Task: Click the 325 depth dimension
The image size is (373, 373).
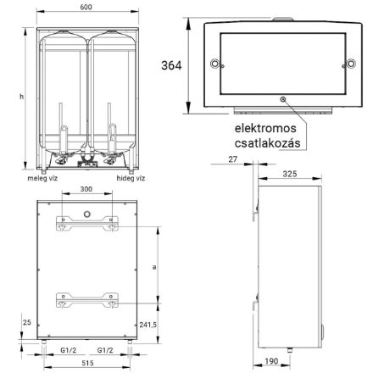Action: [288, 173]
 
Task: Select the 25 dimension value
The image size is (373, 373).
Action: [28, 323]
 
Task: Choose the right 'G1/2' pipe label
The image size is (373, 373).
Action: [106, 350]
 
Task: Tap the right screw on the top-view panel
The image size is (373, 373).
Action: [348, 64]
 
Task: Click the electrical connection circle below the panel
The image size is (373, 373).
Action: [281, 99]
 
